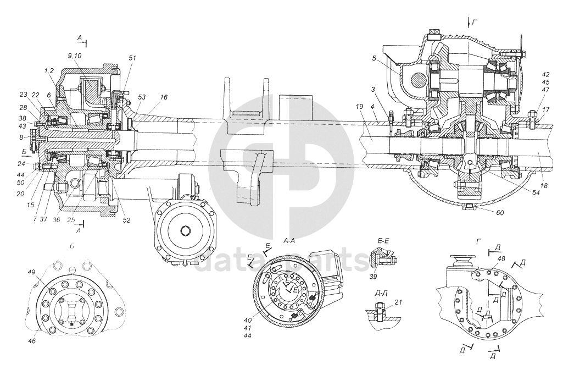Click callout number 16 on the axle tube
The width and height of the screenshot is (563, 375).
(164, 97)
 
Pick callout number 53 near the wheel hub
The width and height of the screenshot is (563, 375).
(142, 97)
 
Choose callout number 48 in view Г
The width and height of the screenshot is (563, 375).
(501, 258)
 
